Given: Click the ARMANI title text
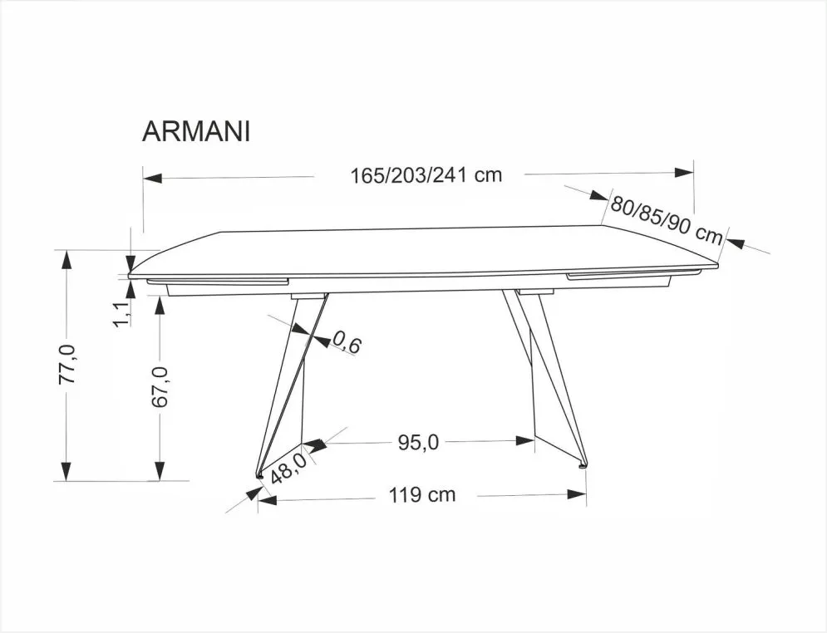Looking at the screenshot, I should pos(196,133).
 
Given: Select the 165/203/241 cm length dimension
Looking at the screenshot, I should pos(426,175).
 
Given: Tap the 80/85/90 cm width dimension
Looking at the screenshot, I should pos(667,218).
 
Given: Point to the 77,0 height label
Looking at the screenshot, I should pos(68,363).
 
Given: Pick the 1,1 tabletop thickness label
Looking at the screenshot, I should pos(121,315).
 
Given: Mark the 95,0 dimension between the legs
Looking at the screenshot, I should pos(417,442).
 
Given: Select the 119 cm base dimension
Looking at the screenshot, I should pos(422,495).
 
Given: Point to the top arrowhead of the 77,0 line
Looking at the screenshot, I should pos(66,258).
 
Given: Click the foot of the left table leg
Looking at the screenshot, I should pos(260,475).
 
